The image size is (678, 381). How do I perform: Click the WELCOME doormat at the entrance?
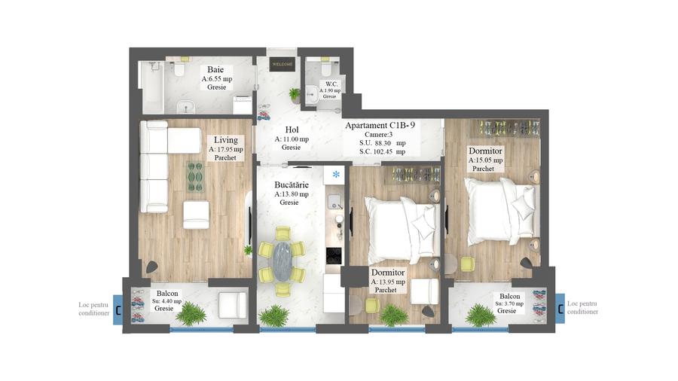coord(281,65)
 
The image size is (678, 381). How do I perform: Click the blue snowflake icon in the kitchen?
coord(335,175)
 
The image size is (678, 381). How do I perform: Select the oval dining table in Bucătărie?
coord(282,260)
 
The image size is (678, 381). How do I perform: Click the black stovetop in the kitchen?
coord(334,255)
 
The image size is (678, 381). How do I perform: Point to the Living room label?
coord(225,140)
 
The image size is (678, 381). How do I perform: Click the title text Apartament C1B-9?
coord(380,126)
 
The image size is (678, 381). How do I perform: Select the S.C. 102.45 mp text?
coord(382,151)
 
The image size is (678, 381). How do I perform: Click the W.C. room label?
coord(330,84)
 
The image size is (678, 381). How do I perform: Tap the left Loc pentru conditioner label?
coord(94,308)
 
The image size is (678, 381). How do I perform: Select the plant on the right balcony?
coord(480,314)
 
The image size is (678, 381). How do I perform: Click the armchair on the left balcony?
coord(232,305)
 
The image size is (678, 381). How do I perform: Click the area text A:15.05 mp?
coord(484,160)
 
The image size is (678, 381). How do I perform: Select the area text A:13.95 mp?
coord(388,282)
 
